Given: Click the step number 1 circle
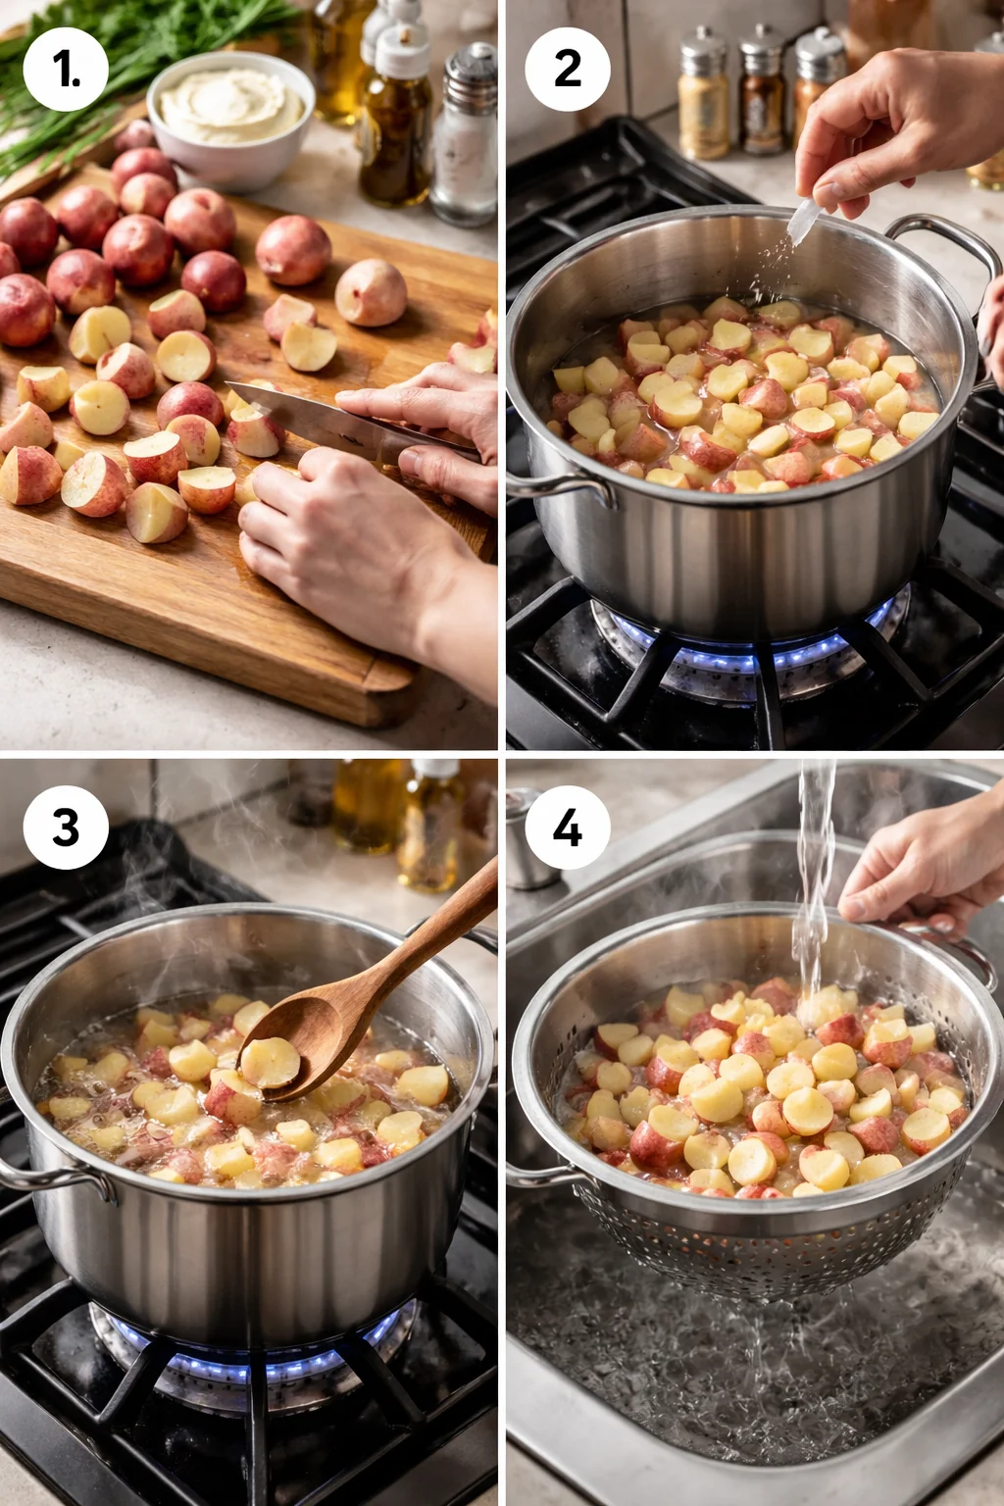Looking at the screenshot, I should [66, 69].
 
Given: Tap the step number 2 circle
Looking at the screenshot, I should [568, 69].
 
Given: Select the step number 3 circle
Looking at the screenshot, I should [66, 827].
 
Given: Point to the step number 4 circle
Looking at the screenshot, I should [568, 827].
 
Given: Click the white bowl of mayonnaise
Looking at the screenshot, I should [231, 113].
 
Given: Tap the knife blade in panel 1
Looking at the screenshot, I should [294, 412].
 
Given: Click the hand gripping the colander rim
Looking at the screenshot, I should [922, 873].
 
